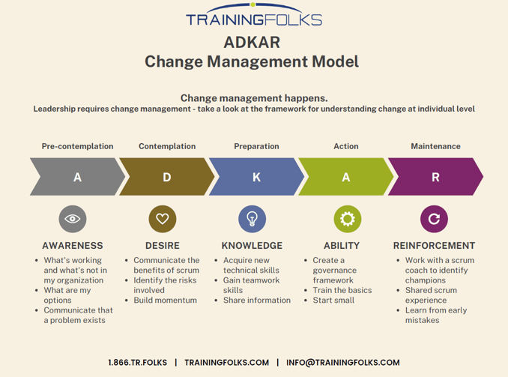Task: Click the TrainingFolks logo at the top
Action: pos(253,16)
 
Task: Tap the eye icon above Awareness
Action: pos(73,219)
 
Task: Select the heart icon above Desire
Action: pos(163,219)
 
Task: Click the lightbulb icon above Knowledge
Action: pos(252,219)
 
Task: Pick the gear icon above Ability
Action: pos(347,219)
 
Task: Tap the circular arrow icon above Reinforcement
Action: pos(434,219)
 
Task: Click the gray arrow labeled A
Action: pos(77,178)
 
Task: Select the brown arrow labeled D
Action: pos(166,178)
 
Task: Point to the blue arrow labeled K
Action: pos(256,178)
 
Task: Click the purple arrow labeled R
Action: pos(435,178)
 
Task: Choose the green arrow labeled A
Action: pos(345,178)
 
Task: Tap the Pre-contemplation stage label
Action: pos(77,146)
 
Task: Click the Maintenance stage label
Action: pos(435,146)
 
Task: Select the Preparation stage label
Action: pos(256,146)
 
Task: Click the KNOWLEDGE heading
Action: pos(252,245)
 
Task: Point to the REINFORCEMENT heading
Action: pos(434,245)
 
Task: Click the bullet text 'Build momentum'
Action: pos(165,301)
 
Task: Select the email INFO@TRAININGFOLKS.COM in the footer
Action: pos(342,363)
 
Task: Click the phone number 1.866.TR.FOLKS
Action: pos(138,363)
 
